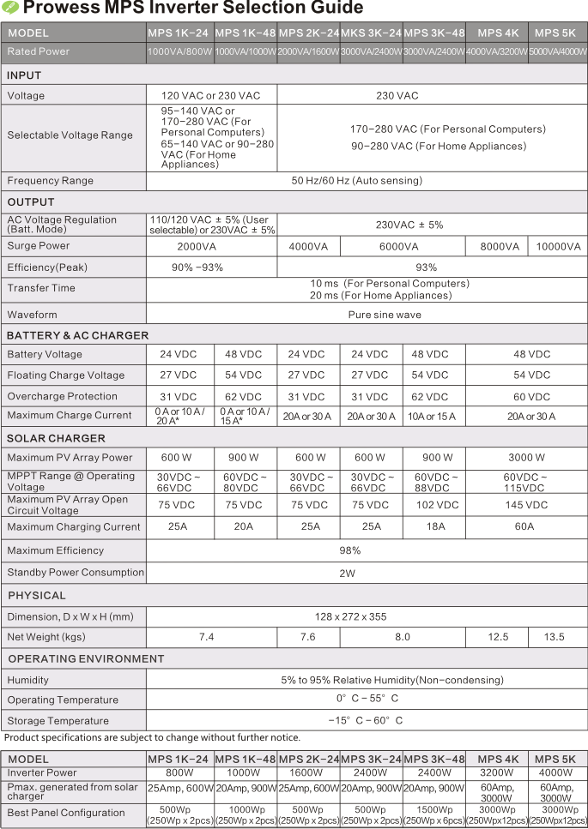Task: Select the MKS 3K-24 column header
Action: (x=371, y=33)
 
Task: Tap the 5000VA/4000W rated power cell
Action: (x=558, y=52)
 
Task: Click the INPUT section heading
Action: (x=24, y=75)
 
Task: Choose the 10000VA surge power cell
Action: (x=558, y=246)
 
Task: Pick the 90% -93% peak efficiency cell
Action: (x=197, y=267)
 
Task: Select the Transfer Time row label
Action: (x=41, y=288)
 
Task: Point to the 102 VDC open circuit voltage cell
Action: (x=435, y=505)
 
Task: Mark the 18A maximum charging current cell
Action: (x=435, y=526)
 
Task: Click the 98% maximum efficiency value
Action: (x=350, y=550)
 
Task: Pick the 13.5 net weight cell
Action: (x=555, y=637)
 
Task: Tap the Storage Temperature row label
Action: (x=58, y=721)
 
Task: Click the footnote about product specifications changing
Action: (x=153, y=738)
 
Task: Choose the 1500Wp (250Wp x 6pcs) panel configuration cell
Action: (x=434, y=816)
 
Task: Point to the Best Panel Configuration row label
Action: (x=66, y=812)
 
